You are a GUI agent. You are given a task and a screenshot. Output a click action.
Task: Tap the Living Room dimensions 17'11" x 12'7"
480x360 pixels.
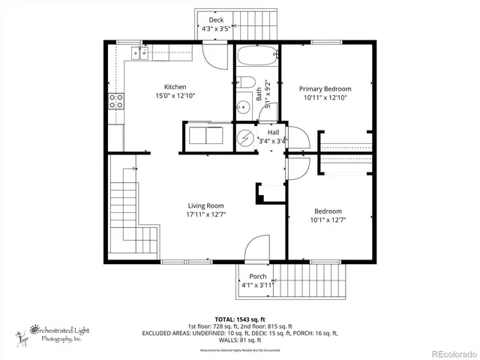click(205, 214)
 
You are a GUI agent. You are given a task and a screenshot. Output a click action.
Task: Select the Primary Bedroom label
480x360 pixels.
click(325, 88)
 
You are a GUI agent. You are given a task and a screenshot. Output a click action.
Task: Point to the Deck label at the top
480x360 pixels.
click(216, 20)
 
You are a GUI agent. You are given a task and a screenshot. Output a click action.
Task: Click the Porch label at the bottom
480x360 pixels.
click(258, 277)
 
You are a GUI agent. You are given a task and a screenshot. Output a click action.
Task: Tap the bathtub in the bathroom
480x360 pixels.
click(257, 57)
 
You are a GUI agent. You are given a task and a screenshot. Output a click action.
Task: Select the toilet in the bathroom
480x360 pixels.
click(247, 83)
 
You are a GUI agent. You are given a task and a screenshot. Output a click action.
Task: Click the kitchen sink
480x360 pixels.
click(139, 52)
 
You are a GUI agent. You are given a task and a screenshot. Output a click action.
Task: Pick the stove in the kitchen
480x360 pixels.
click(116, 101)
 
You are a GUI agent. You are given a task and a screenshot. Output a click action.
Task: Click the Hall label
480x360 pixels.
click(273, 132)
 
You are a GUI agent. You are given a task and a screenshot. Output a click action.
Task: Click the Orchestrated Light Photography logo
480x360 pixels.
click(56, 333)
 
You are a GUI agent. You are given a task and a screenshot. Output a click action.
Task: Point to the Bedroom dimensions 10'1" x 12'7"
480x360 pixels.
click(328, 220)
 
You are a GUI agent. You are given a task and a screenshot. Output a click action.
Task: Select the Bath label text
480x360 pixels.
click(259, 94)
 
